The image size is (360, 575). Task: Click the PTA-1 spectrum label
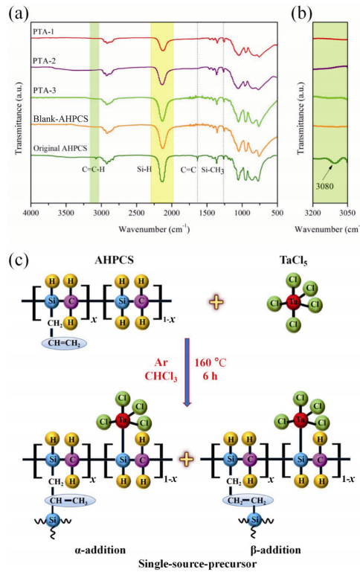[43, 31]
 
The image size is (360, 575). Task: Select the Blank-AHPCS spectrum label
[60, 119]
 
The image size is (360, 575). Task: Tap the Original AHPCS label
[60, 148]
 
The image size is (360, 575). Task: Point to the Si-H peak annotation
[144, 170]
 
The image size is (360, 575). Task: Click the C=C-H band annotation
[93, 170]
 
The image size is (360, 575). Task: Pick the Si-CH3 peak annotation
[213, 170]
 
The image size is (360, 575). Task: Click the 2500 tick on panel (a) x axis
[136, 213]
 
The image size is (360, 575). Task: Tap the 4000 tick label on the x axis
[31, 213]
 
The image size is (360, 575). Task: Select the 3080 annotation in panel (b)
[325, 186]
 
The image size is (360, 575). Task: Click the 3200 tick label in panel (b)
[312, 213]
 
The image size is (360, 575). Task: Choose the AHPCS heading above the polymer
[114, 260]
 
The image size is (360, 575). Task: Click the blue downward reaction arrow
[187, 372]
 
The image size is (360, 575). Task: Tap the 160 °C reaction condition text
[210, 363]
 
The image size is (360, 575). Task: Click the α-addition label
[99, 550]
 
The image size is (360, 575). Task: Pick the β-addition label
[276, 550]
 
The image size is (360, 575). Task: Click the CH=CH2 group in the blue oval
[65, 344]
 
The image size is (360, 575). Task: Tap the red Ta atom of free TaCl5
[293, 302]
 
